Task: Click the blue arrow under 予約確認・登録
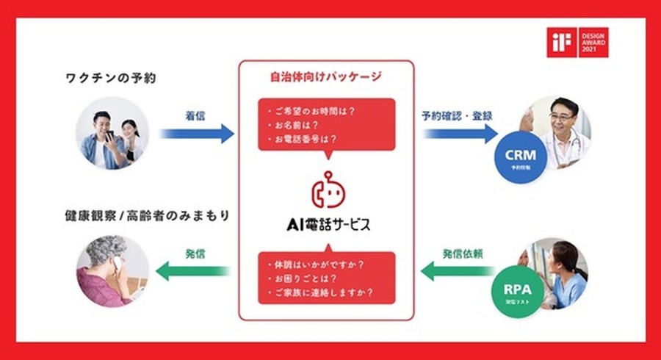click(460, 134)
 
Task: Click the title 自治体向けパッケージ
click(327, 76)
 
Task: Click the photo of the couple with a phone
click(112, 134)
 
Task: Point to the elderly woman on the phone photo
click(112, 270)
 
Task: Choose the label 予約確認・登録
click(457, 115)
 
